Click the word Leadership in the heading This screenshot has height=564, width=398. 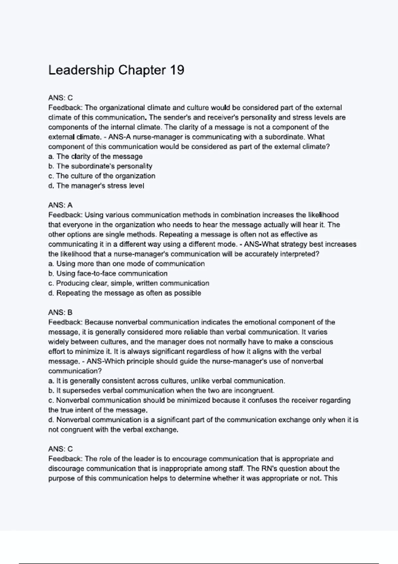point(81,70)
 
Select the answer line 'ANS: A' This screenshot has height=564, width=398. point(60,205)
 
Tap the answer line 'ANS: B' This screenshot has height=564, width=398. point(60,312)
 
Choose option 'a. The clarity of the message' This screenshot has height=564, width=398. point(96,156)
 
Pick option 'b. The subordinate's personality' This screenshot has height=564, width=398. point(100,166)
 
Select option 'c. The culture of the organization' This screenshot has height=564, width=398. point(101,176)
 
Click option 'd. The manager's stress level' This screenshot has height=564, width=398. point(96,186)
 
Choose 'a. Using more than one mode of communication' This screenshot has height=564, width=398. point(126,264)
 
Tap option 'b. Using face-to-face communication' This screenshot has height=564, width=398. point(108,273)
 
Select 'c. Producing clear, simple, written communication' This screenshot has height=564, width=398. point(129,283)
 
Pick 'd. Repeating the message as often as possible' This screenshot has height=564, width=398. point(125,293)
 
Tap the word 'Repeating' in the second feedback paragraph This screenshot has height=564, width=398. point(175,235)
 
